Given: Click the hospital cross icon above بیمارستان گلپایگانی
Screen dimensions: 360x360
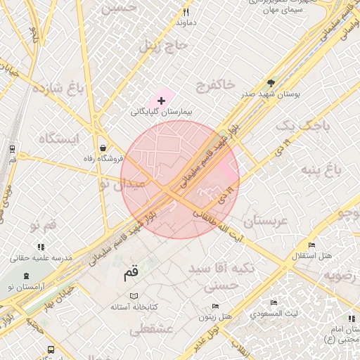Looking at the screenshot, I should [x=162, y=101].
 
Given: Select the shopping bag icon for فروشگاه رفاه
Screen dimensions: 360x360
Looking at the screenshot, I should [x=104, y=148].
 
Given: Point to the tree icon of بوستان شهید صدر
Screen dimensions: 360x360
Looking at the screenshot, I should [x=272, y=83].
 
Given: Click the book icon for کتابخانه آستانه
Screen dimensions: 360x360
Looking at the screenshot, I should [x=134, y=296].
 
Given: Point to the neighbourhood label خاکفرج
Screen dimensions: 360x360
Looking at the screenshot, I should [x=211, y=85].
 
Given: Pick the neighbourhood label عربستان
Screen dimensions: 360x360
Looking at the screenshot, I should [x=264, y=221].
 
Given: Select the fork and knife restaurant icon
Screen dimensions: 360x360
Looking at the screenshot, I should [x=186, y=12].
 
